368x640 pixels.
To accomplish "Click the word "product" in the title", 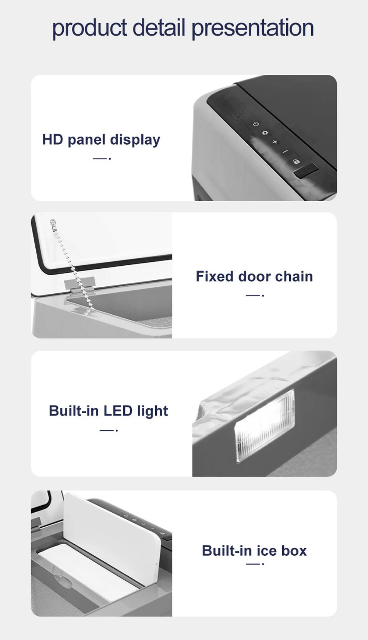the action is click(89, 29).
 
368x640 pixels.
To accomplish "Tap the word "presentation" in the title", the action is click(253, 29).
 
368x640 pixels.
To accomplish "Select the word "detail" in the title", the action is click(159, 27).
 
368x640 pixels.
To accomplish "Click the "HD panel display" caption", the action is click(101, 140).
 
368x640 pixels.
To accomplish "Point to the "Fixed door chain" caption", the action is click(254, 276).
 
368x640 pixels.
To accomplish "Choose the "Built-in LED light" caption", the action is click(108, 411).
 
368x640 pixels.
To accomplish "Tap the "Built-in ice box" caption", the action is click(254, 551).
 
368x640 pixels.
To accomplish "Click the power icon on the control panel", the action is click(256, 124).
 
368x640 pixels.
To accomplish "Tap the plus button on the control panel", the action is click(275, 142).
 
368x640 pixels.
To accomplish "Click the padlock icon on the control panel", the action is click(296, 161).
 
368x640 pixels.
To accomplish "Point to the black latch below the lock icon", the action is click(305, 170).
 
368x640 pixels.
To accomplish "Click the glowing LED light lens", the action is click(265, 425).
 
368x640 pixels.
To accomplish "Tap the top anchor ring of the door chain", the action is click(53, 222).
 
